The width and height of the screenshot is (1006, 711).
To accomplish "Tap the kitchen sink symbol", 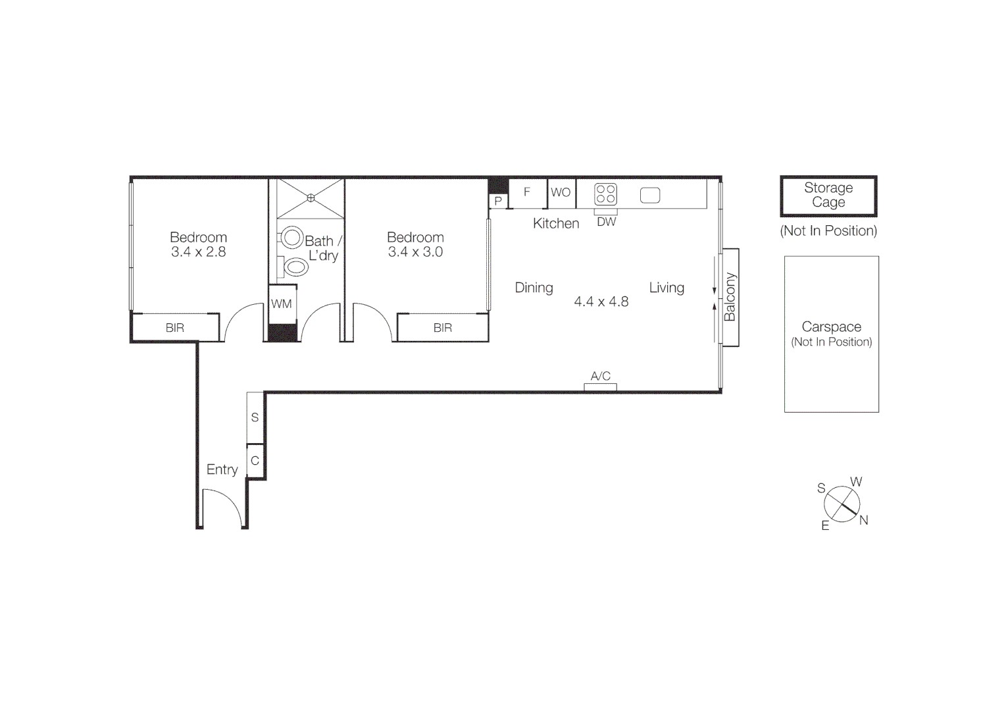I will [649, 196].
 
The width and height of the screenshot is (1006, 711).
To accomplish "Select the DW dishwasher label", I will [606, 222].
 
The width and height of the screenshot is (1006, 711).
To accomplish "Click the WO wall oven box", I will [561, 193].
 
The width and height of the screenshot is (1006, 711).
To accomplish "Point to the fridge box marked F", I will [527, 193].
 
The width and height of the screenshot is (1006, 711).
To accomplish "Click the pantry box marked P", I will [498, 201].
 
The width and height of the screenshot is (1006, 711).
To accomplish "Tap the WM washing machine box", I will [282, 304].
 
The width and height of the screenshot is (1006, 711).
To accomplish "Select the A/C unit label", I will [600, 377].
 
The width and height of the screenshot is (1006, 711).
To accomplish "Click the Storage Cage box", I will [828, 196].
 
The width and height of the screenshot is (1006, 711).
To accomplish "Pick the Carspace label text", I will [831, 327].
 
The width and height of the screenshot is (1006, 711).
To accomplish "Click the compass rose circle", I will [842, 504].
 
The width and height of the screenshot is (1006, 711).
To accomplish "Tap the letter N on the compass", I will [864, 520].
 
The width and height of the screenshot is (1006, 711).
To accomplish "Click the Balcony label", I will [730, 297].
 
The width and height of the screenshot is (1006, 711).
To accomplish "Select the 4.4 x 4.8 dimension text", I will [601, 302].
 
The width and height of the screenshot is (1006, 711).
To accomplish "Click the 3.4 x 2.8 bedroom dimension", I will [198, 252].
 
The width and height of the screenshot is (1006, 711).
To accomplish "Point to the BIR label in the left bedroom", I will [175, 328].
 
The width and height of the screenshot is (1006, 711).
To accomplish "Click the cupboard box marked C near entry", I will [255, 461].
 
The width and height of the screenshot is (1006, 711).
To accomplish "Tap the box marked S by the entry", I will [255, 417].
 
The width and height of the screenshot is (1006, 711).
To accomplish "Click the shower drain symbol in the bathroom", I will [311, 197].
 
